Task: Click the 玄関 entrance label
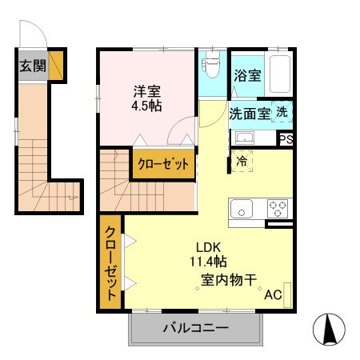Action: click(x=32, y=66)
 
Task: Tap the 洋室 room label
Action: click(x=146, y=90)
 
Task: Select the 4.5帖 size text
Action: click(x=146, y=105)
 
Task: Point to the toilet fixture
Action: click(x=212, y=70)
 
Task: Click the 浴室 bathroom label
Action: click(x=246, y=76)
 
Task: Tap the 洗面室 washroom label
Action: click(x=250, y=114)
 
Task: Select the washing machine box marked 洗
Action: click(x=282, y=113)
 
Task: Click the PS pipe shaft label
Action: click(x=286, y=138)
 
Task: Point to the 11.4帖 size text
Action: click(x=208, y=261)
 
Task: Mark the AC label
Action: click(x=273, y=294)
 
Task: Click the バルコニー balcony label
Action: click(x=196, y=327)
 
